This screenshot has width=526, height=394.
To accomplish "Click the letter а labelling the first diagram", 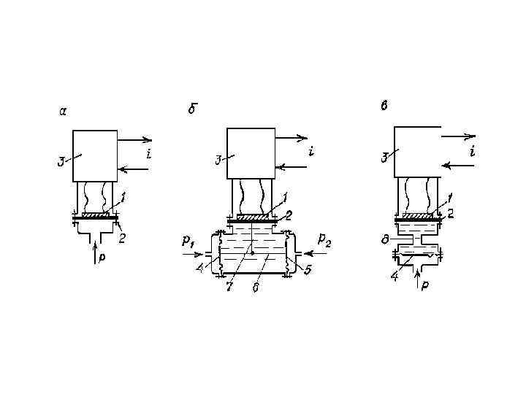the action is tap(63, 111).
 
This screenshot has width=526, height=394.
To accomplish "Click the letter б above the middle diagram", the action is tap(193, 109).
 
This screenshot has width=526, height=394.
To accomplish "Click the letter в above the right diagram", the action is tap(384, 106).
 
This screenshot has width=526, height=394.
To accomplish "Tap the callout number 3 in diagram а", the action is tap(61, 162).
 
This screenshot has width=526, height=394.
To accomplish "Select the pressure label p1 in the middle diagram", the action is tap(188, 241).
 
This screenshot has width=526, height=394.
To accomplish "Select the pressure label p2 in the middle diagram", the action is tap(324, 239).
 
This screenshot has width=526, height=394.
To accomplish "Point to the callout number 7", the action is tap(229, 287).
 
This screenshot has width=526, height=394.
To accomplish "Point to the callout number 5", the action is tap(308, 270).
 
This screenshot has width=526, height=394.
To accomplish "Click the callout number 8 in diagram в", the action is tap(386, 240).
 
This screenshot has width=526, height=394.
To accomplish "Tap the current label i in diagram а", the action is tap(149, 154).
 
